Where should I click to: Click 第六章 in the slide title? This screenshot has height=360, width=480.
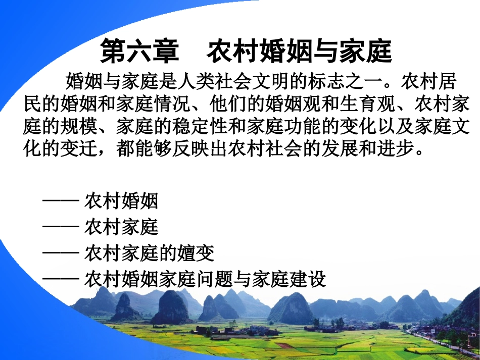pyautogui.click(x=140, y=51)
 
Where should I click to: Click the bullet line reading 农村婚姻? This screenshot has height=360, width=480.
pyautogui.click(x=121, y=201)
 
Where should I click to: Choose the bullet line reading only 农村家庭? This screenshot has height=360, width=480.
pyautogui.click(x=121, y=227)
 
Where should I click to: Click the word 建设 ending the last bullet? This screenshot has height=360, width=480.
pyautogui.click(x=308, y=279)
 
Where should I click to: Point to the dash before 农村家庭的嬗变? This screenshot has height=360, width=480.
pyautogui.click(x=61, y=253)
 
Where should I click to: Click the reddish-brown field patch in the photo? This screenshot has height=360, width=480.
pyautogui.click(x=283, y=345)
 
